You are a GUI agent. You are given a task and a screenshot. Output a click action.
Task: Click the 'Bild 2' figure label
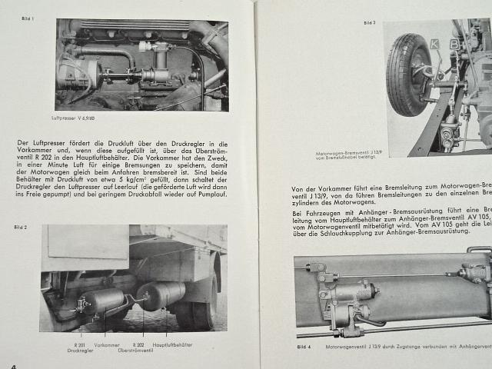[x=21, y=228]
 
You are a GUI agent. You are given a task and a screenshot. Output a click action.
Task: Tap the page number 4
[x=13, y=366]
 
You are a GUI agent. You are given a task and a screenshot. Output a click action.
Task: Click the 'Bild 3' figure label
[x=369, y=23]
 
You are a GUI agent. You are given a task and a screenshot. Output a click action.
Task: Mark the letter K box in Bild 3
[x=434, y=44]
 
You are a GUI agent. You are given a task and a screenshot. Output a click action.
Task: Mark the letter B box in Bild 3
[x=454, y=44]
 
